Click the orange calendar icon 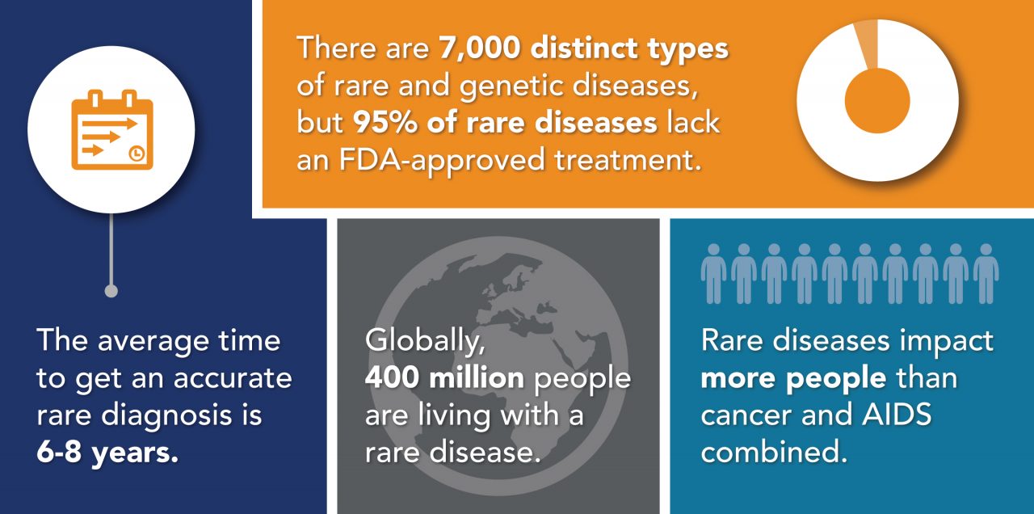(111, 131)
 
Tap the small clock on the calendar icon (138, 153)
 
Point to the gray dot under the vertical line (111, 291)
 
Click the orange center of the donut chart (877, 100)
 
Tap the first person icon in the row (713, 272)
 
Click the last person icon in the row (986, 272)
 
